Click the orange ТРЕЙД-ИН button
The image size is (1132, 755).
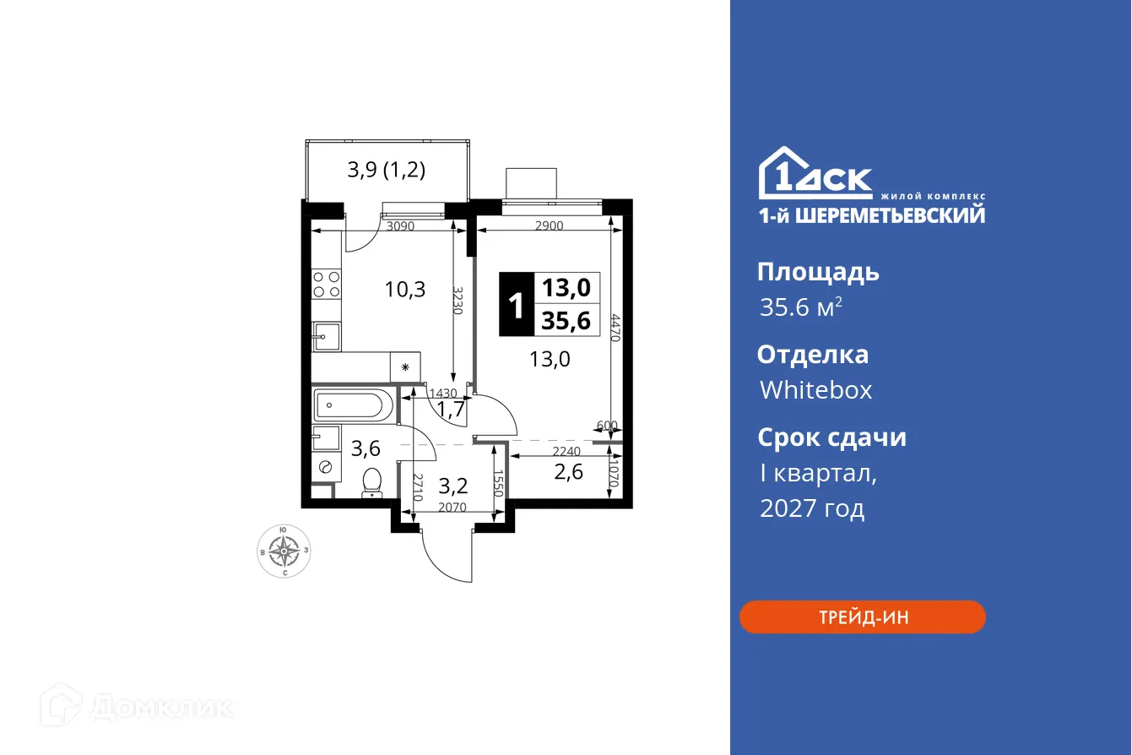click(x=862, y=617)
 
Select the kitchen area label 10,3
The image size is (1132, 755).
click(x=404, y=290)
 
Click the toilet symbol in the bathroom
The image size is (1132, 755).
click(x=371, y=483)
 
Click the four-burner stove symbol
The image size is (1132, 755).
click(x=326, y=284)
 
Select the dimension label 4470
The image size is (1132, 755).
click(x=616, y=329)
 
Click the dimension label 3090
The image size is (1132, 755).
click(x=402, y=225)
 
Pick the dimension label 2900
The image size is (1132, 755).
click(x=549, y=225)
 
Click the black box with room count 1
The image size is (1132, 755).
click(x=516, y=304)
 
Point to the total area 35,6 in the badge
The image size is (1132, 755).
click(x=566, y=320)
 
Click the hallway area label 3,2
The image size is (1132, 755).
click(x=453, y=486)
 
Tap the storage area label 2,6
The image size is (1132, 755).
click(x=568, y=471)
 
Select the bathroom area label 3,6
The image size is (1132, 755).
click(x=365, y=448)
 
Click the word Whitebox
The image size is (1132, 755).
click(x=815, y=390)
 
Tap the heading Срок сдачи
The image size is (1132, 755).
click(x=831, y=437)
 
